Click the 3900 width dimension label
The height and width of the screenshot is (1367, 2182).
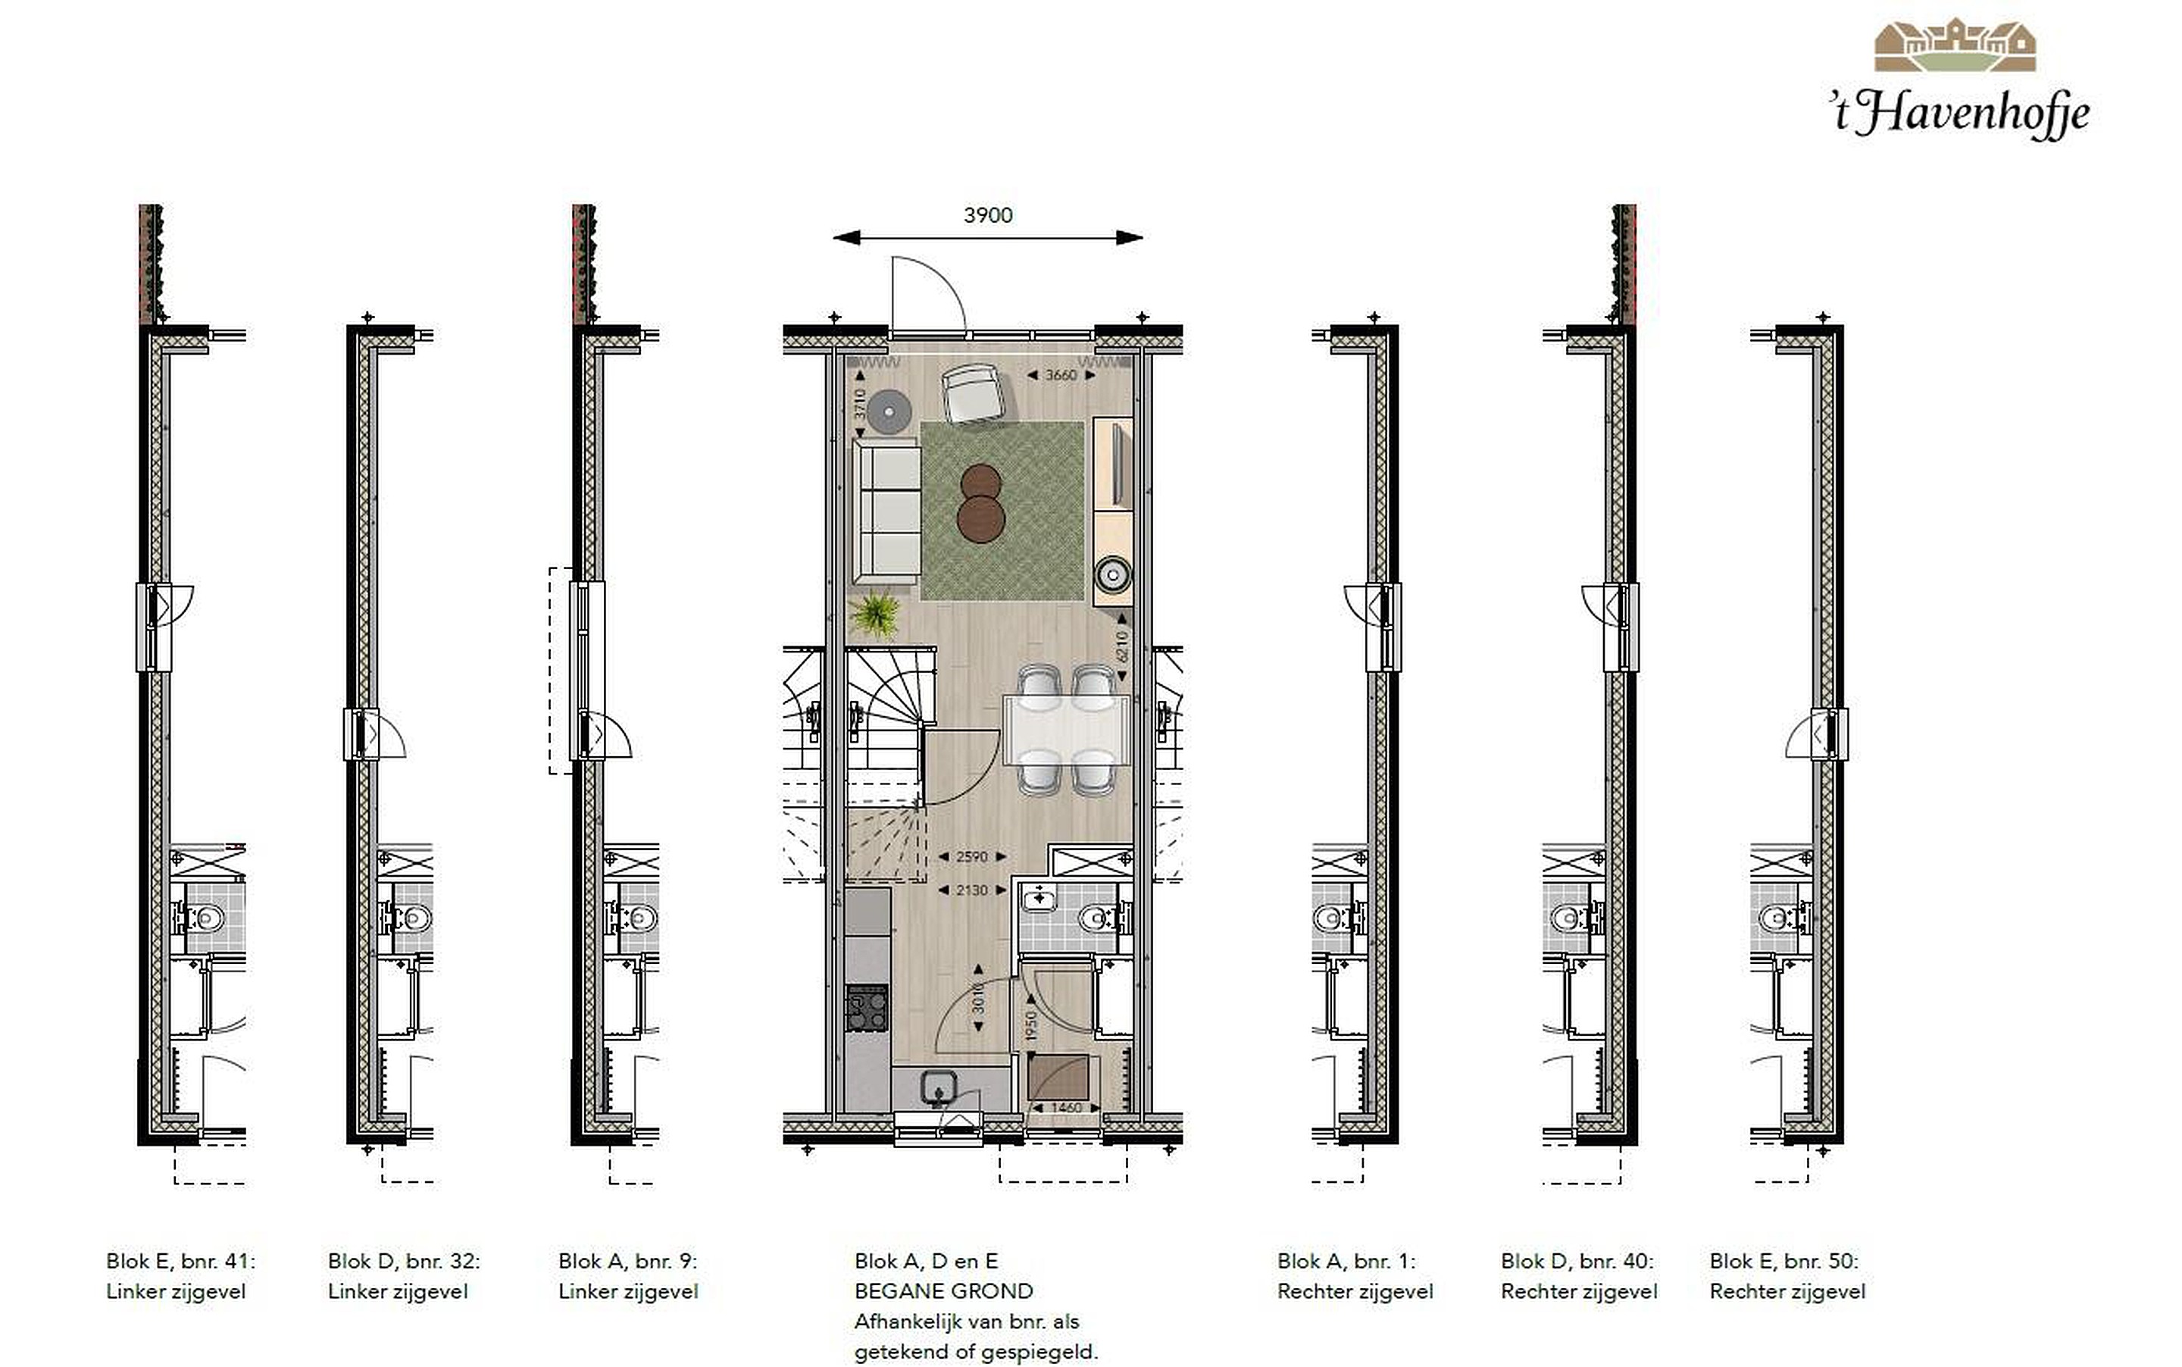coord(988,215)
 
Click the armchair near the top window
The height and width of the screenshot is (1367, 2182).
coord(972,393)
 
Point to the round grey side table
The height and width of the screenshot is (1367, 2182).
coord(889,411)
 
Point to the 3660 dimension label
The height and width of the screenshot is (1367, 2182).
coord(1061,374)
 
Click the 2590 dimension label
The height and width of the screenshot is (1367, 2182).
coord(972,856)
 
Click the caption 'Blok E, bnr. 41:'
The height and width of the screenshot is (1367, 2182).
coord(181,1260)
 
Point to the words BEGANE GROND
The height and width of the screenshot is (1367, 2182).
coord(944,1291)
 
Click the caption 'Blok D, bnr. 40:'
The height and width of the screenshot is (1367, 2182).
coord(1577,1260)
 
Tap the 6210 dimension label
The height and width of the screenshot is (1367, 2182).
coord(1123,646)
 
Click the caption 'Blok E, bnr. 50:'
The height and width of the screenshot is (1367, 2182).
coord(1784,1260)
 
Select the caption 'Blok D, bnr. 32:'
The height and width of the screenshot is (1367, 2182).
coord(404,1260)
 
